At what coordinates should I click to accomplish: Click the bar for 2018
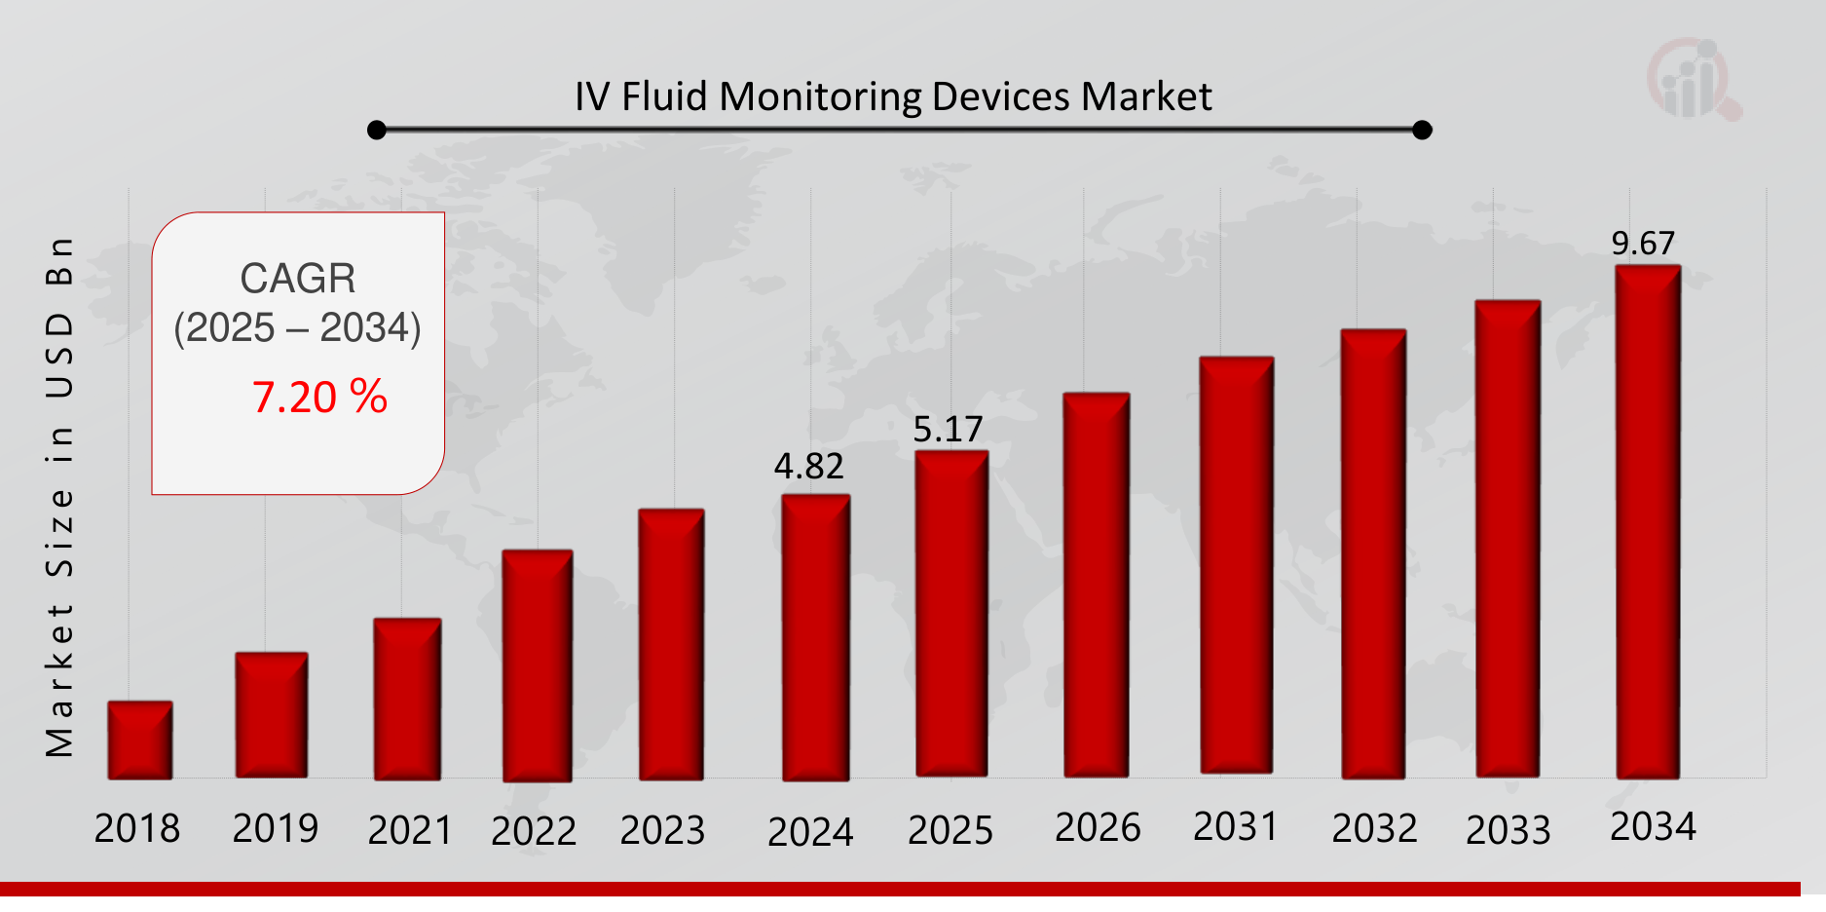click(x=140, y=740)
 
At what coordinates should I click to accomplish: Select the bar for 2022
click(x=537, y=665)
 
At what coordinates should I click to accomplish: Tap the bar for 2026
click(x=1097, y=585)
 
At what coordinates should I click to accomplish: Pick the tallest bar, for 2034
click(x=1648, y=521)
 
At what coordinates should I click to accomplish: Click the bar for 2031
click(x=1236, y=565)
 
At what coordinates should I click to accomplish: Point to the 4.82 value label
click(x=809, y=467)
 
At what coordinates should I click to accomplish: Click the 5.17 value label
click(x=948, y=430)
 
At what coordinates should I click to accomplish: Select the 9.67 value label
click(x=1643, y=244)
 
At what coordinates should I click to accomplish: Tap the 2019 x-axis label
click(x=276, y=829)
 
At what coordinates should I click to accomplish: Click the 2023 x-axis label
click(x=662, y=831)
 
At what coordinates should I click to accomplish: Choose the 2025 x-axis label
click(x=950, y=831)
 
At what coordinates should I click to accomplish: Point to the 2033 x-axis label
click(x=1509, y=830)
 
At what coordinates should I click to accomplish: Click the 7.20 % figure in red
click(x=319, y=398)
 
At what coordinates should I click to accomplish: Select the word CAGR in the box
click(x=298, y=279)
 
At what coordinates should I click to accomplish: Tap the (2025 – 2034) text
click(x=297, y=328)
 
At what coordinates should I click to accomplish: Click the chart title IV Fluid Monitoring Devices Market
click(x=893, y=97)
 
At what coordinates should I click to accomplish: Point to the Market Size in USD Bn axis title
click(x=59, y=497)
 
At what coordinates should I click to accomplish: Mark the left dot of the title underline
click(x=377, y=130)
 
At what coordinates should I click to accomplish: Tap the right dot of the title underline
click(x=1422, y=130)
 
